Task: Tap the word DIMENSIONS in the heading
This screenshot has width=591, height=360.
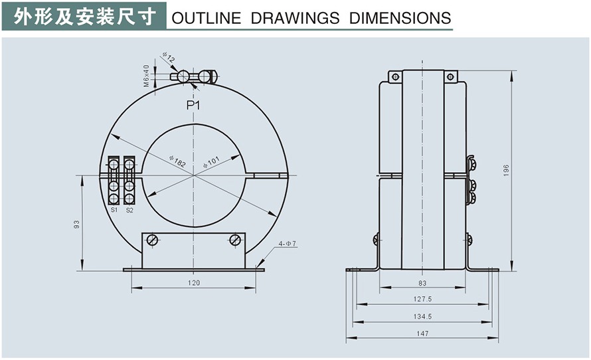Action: click(400, 18)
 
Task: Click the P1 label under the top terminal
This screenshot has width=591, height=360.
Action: click(193, 106)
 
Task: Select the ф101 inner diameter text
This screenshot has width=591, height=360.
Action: click(211, 163)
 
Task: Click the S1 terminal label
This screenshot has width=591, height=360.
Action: click(114, 210)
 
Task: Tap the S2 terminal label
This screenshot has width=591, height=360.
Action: click(129, 210)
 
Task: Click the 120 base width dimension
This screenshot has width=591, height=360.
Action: click(193, 283)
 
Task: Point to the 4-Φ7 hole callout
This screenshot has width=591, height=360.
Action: click(287, 244)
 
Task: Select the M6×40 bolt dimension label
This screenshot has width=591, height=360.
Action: click(146, 75)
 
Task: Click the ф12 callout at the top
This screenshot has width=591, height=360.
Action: click(169, 60)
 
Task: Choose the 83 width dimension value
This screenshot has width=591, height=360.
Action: click(422, 283)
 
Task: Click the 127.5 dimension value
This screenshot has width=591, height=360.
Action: click(422, 299)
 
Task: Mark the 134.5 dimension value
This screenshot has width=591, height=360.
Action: click(422, 316)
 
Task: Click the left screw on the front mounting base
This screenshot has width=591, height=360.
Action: click(152, 240)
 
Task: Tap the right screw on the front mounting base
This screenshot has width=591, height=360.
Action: click(235, 240)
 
